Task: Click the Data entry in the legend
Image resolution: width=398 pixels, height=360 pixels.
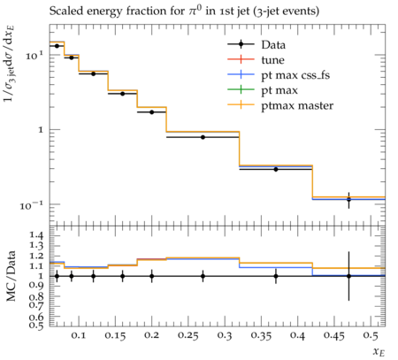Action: [273, 45]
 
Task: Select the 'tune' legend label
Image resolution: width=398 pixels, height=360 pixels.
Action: [272, 60]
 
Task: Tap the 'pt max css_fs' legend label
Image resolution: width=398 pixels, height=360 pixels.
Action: [295, 75]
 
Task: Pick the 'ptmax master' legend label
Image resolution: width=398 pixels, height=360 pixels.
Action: [297, 105]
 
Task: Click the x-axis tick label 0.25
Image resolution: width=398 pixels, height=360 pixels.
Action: [188, 336]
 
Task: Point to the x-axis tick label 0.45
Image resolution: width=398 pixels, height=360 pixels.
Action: [334, 336]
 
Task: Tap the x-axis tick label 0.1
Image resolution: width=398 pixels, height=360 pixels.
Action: [79, 336]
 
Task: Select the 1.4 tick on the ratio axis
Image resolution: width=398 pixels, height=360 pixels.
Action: [35, 235]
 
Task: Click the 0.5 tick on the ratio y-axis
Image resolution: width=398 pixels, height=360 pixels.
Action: [35, 325]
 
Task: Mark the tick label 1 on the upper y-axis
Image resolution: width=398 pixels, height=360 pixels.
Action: [41, 129]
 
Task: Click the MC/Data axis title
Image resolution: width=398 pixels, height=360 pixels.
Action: [11, 276]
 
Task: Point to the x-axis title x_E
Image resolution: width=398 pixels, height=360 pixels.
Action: [379, 351]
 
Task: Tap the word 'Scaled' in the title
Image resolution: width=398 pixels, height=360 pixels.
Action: [65, 11]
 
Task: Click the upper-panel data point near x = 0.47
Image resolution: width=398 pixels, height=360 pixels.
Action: [348, 199]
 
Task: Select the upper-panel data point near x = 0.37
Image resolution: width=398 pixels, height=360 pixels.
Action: [276, 169]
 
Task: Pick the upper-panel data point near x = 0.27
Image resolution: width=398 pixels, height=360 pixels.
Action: [203, 137]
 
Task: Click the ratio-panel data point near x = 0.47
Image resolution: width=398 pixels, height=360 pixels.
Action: [348, 276]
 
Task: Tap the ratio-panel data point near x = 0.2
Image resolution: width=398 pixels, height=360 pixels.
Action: [152, 276]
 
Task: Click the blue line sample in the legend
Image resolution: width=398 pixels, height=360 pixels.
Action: [241, 75]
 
